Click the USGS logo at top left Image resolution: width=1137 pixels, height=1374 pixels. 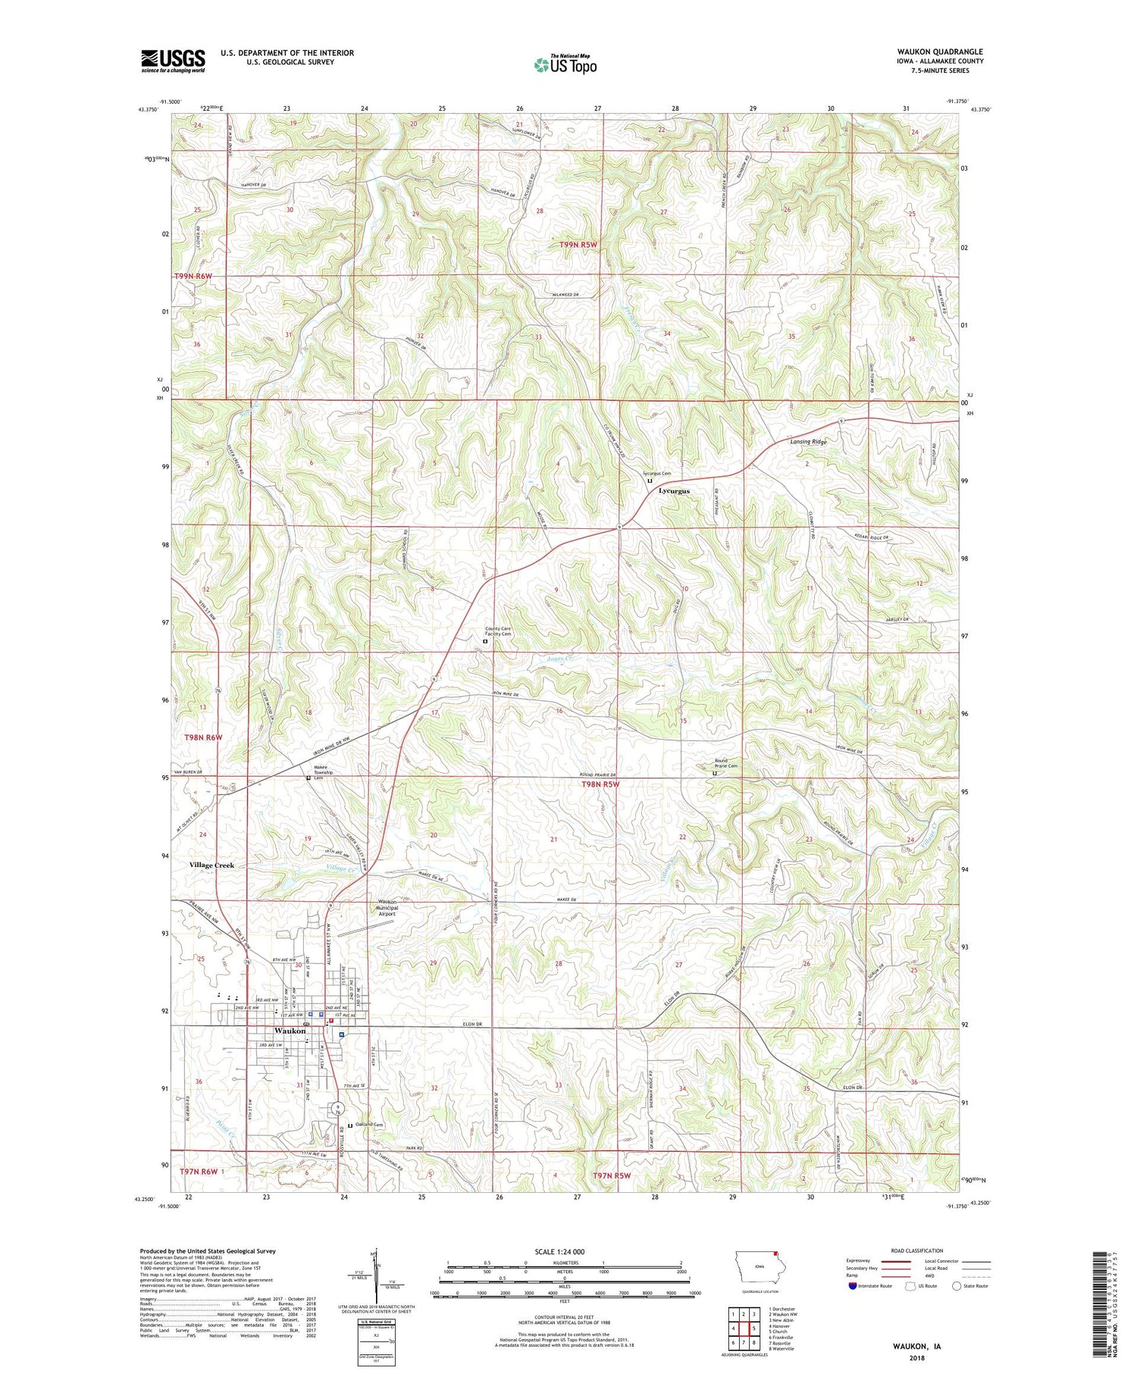point(173,61)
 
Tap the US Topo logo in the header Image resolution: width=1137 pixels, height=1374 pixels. point(565,65)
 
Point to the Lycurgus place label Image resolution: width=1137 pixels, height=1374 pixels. point(674,490)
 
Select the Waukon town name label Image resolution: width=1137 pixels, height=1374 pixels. point(290,1031)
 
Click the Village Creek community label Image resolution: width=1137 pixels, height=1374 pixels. point(211,865)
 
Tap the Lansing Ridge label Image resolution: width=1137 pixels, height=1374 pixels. point(808,441)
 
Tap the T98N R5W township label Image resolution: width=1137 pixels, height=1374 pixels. point(600,784)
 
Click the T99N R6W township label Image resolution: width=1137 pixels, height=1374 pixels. point(193,277)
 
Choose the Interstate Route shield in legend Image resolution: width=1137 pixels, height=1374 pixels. point(852,1286)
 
